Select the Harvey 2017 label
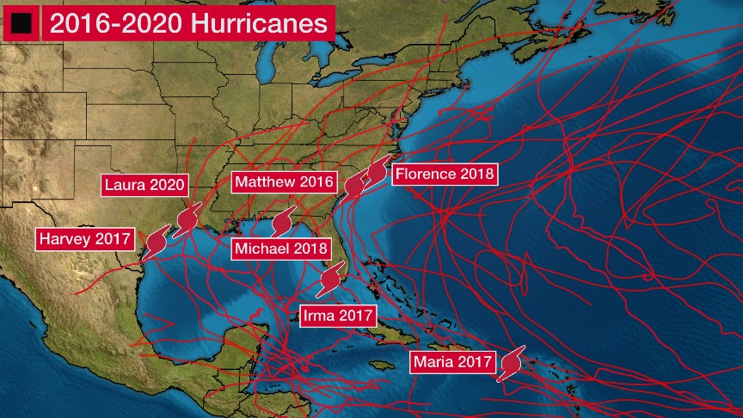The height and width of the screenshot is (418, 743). click(84, 238)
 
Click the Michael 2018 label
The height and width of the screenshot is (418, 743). click(281, 248)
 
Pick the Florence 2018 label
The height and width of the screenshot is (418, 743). click(444, 174)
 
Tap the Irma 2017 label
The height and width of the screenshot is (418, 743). click(338, 316)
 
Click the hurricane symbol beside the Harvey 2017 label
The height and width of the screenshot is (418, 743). click(157, 241)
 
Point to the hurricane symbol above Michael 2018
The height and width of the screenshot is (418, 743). click(282, 222)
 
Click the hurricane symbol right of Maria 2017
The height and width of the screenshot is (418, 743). click(511, 362)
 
